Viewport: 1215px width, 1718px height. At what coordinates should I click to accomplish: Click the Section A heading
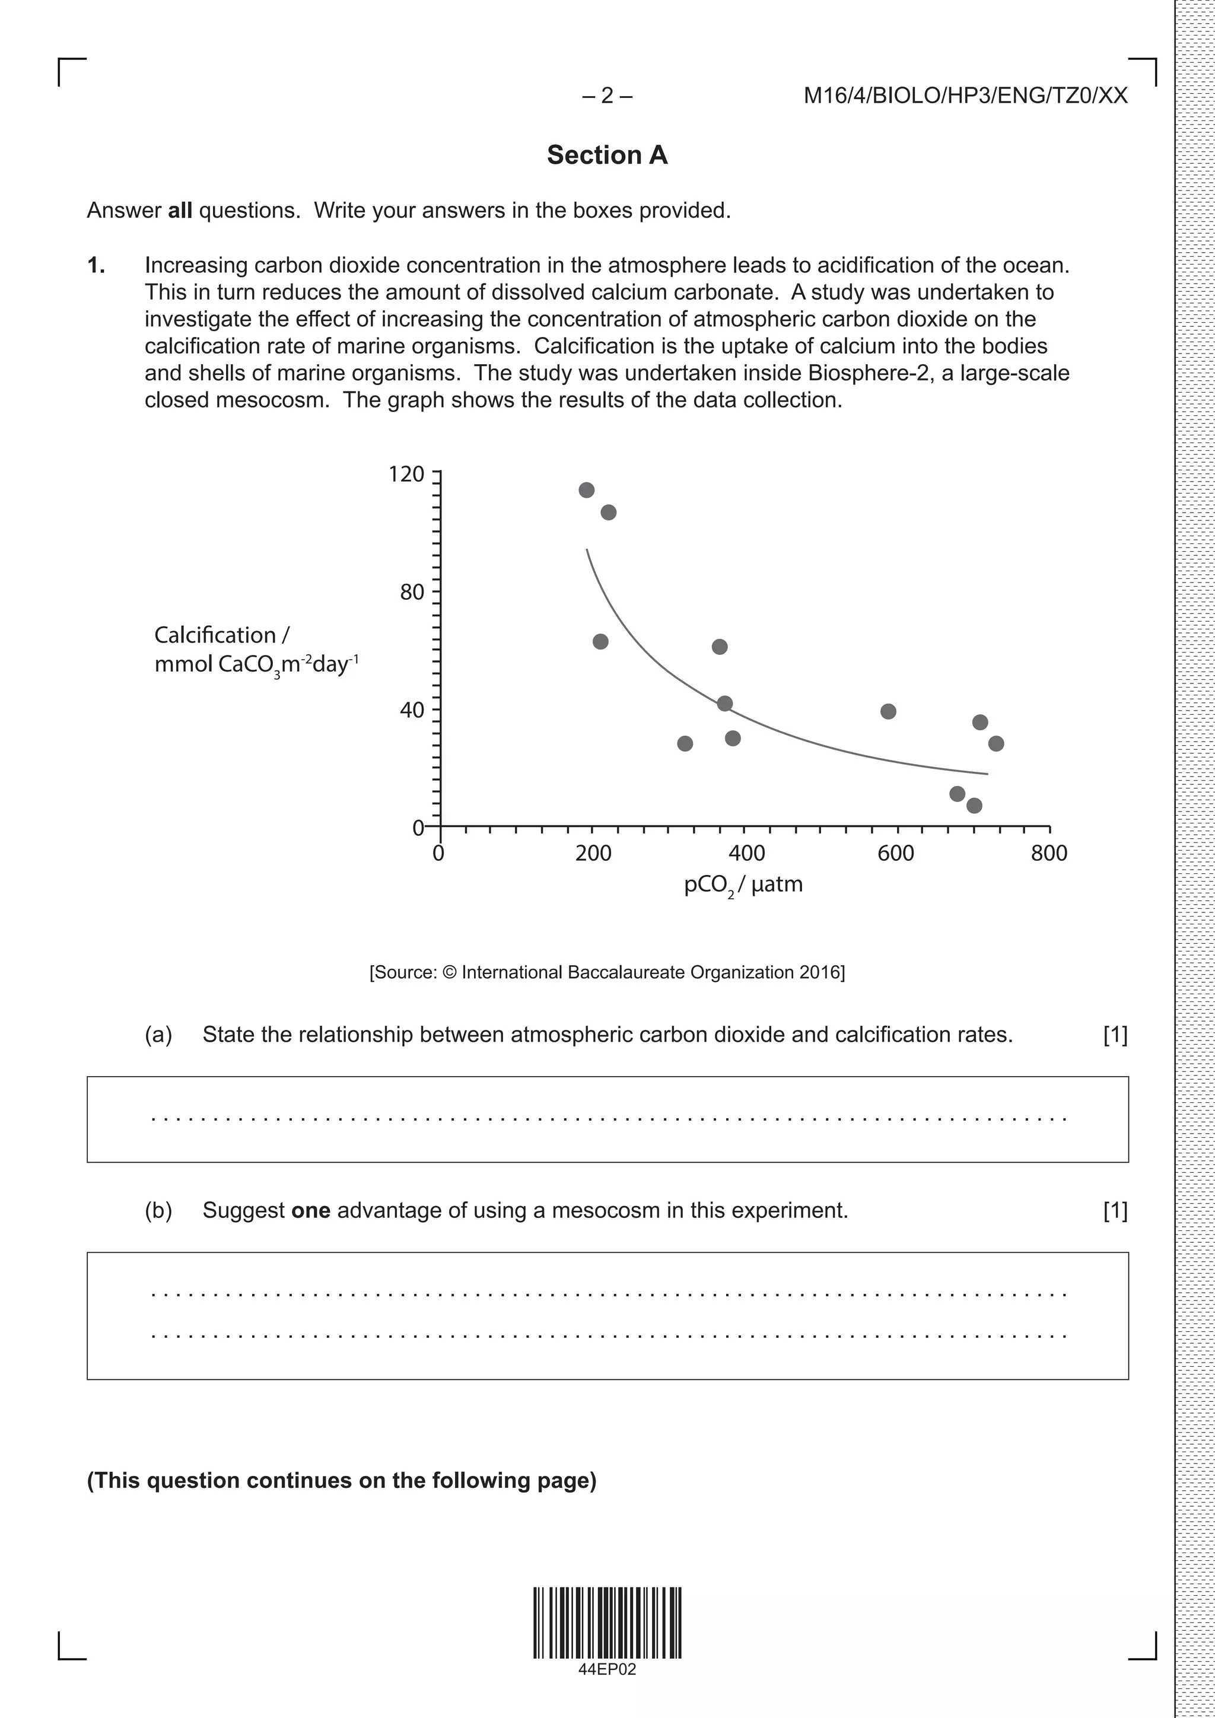pyautogui.click(x=607, y=155)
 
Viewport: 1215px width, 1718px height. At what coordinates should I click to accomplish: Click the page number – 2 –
pyautogui.click(x=607, y=95)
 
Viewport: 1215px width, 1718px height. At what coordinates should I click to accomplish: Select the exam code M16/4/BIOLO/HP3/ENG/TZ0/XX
pyautogui.click(x=965, y=95)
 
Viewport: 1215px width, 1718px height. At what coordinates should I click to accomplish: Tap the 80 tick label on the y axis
pyautogui.click(x=412, y=592)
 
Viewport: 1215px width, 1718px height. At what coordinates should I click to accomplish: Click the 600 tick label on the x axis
pyautogui.click(x=896, y=853)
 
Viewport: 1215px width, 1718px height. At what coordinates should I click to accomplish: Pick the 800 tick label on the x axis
pyautogui.click(x=1049, y=853)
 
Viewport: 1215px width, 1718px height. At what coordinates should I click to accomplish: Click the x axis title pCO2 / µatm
pyautogui.click(x=743, y=885)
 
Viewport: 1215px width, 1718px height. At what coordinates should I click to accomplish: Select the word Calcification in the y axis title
pyautogui.click(x=215, y=635)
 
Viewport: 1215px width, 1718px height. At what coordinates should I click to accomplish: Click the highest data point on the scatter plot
pyautogui.click(x=587, y=490)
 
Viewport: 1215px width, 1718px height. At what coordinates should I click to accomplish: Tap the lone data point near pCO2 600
pyautogui.click(x=888, y=712)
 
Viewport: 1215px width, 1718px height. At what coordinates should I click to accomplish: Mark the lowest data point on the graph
pyautogui.click(x=974, y=806)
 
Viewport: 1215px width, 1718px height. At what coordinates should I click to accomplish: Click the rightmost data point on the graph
pyautogui.click(x=996, y=743)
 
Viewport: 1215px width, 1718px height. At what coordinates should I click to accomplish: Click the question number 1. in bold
pyautogui.click(x=96, y=265)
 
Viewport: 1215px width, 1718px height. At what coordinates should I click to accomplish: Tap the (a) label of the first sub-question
pyautogui.click(x=158, y=1034)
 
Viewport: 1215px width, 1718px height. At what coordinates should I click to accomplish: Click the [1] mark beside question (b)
pyautogui.click(x=1115, y=1210)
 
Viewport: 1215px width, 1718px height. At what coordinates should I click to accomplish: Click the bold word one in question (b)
pyautogui.click(x=310, y=1210)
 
